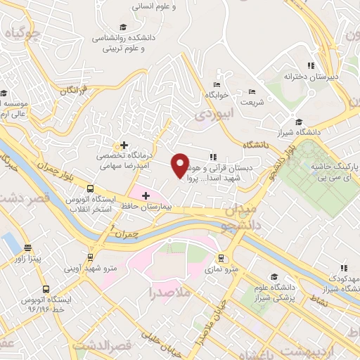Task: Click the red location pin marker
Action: point(181,165)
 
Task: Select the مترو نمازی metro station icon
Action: point(221,258)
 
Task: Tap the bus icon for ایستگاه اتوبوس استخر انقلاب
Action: point(90,188)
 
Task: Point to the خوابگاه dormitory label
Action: point(217,94)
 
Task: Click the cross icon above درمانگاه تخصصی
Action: point(124,145)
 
